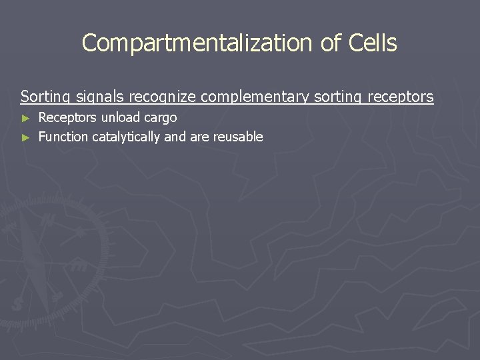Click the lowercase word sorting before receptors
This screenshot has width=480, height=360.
[337, 97]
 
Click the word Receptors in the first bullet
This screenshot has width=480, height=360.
[67, 118]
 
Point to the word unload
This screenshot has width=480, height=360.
[120, 118]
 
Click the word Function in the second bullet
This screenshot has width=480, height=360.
[63, 137]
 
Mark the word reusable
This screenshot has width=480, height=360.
[238, 137]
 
